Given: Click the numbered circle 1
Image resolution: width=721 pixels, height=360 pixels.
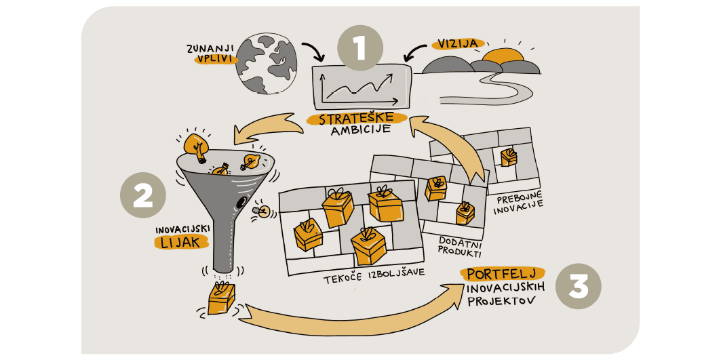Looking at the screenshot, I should (x=359, y=48).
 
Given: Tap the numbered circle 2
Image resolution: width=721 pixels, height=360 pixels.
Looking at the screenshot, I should (x=142, y=195).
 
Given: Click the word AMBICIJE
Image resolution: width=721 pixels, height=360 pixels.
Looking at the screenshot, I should (x=358, y=131).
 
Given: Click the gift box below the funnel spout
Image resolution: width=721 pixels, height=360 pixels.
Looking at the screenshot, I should (x=221, y=298).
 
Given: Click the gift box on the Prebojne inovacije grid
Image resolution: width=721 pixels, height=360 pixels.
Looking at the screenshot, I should (x=509, y=157).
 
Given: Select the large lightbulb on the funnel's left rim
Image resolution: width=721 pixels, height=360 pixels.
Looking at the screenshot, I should (x=196, y=146).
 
